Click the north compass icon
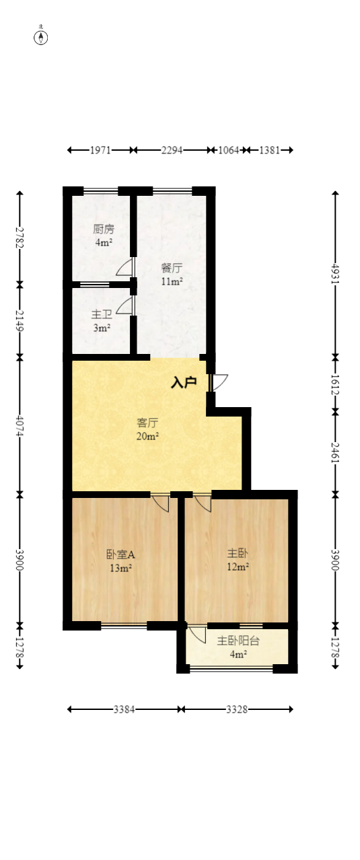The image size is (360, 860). (x=41, y=37)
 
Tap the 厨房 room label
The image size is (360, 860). (x=103, y=229)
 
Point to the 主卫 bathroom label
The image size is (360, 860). (x=102, y=314)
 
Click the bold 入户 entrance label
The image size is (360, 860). (x=184, y=383)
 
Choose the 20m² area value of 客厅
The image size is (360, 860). (x=147, y=436)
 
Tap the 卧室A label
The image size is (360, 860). (x=120, y=554)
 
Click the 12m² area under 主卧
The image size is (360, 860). (x=238, y=567)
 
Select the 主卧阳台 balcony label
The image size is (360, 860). (x=238, y=641)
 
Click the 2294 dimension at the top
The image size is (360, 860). (x=172, y=150)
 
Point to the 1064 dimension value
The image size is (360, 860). (x=228, y=150)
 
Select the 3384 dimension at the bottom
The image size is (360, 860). (x=124, y=709)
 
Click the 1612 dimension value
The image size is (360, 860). (x=335, y=383)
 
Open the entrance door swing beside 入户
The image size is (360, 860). (x=219, y=382)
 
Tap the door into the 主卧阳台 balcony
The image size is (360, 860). (x=196, y=635)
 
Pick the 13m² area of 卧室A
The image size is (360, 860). (x=120, y=568)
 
